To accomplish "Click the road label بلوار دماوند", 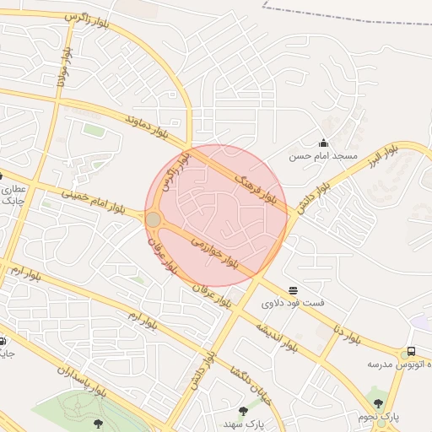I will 157,127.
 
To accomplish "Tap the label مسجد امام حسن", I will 324,156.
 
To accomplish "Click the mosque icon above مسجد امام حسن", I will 323,143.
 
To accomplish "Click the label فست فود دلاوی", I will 293,303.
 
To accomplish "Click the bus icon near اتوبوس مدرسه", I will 411,351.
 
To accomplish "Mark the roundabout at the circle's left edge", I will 154,220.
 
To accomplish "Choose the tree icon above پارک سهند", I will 243,411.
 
